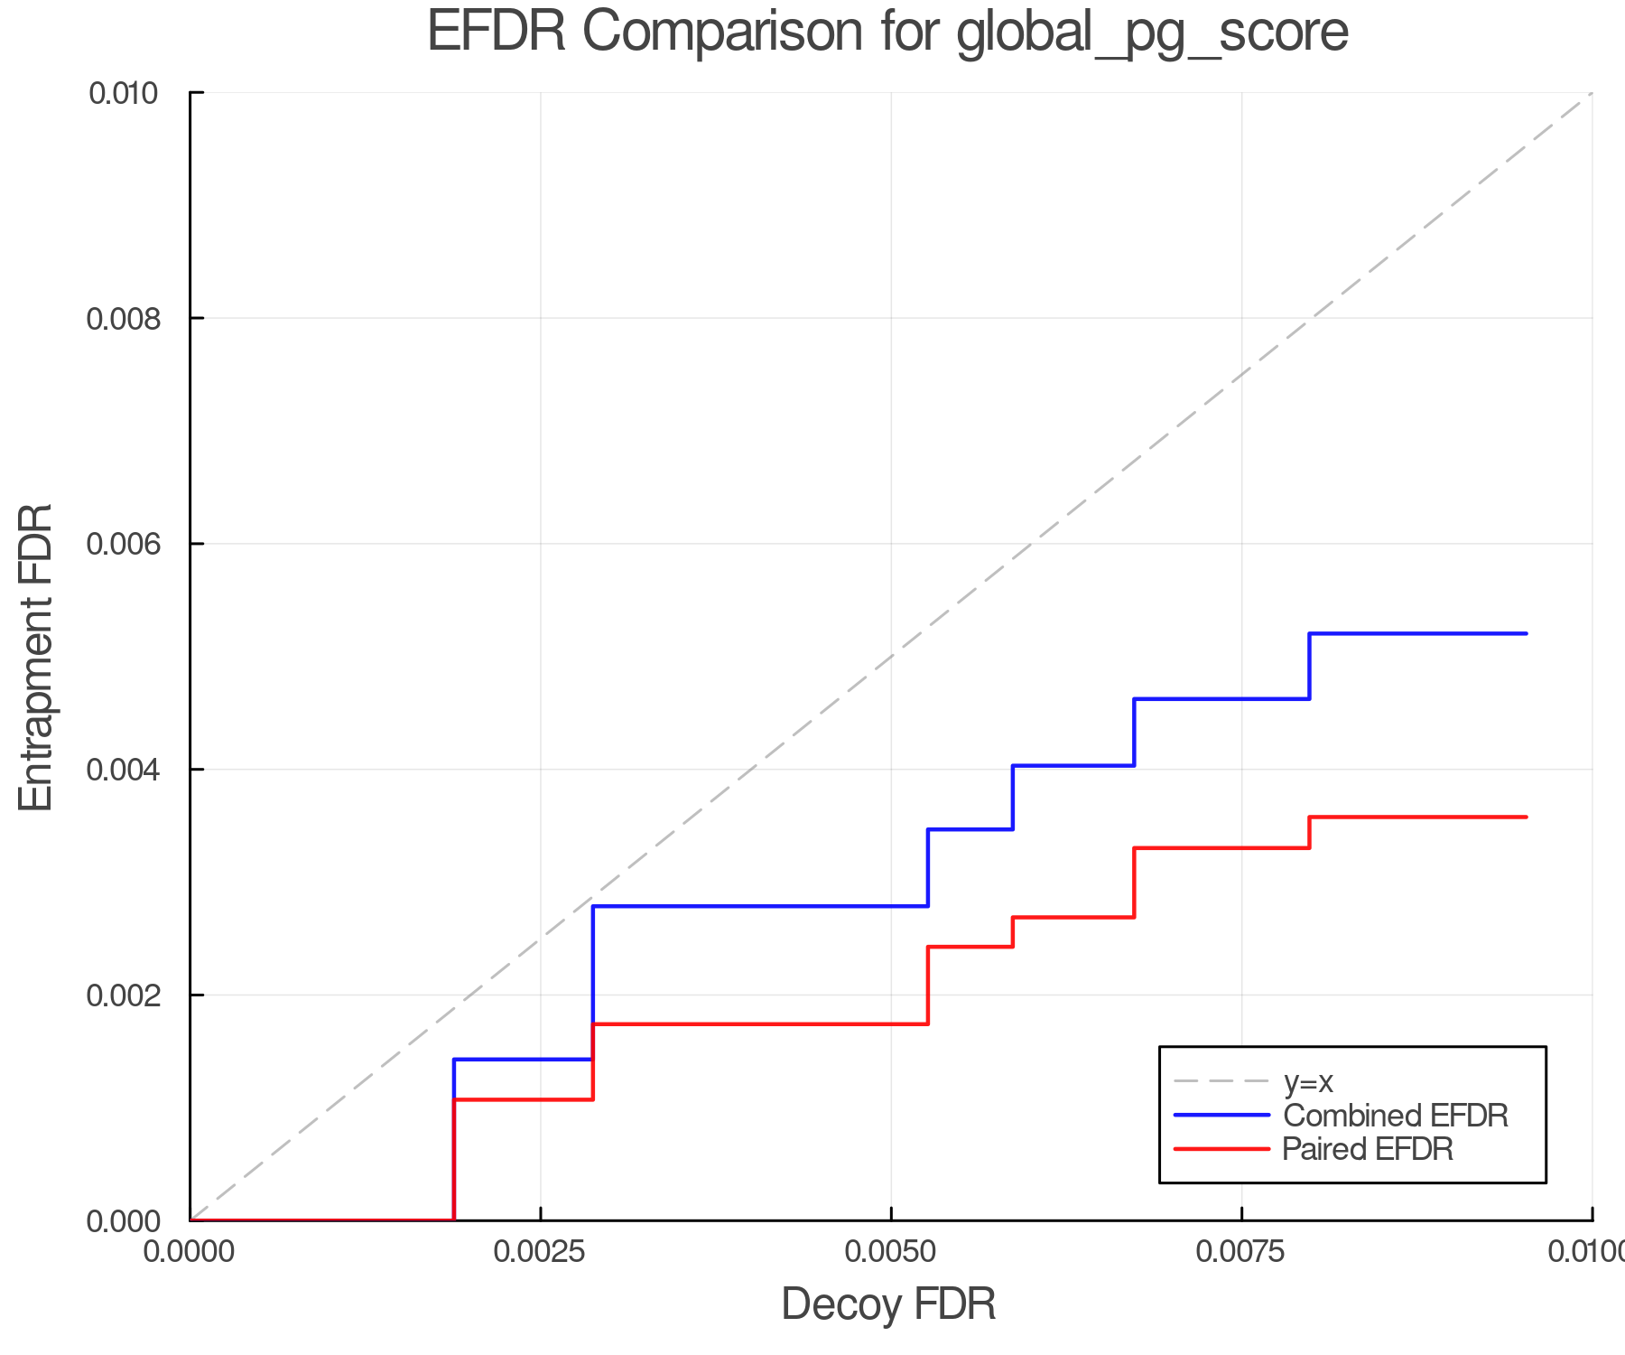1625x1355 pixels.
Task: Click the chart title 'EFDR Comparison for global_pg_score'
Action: coord(887,33)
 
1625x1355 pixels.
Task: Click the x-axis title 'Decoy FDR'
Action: coord(888,1304)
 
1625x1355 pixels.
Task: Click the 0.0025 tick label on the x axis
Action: coord(540,1252)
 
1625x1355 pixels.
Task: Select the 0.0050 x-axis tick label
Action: coord(891,1252)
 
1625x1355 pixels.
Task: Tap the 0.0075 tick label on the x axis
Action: coord(1242,1252)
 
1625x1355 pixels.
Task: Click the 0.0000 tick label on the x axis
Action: coord(190,1252)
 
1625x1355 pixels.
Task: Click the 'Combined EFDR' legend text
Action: coord(1396,1116)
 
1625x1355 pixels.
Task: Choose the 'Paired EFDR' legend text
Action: coord(1368,1149)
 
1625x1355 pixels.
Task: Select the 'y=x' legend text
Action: coord(1308,1081)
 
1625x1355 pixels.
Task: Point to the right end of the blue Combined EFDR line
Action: coord(1526,634)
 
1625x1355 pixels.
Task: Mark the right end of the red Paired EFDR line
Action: coord(1526,818)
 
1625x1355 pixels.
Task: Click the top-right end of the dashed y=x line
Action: coord(1591,94)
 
